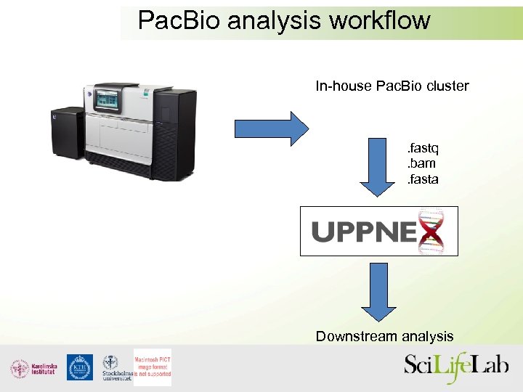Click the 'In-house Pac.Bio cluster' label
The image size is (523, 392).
point(392,86)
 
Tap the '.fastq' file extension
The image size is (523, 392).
point(422,149)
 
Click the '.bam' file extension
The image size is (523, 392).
point(421,163)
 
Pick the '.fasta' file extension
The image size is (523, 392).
point(422,179)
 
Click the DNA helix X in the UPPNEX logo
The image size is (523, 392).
point(431,232)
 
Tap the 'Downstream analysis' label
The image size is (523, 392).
point(384,336)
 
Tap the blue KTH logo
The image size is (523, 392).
point(80,367)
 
